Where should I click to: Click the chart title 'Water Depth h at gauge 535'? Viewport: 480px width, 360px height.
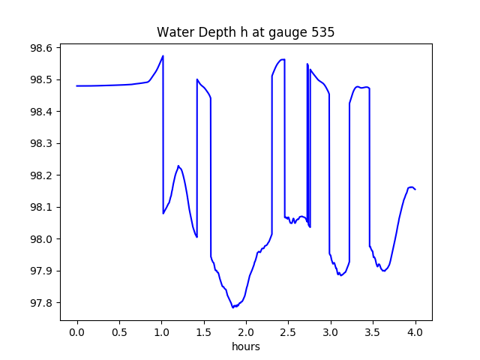245,32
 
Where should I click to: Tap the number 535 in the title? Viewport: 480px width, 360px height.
323,32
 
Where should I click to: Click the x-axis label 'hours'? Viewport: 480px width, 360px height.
246,347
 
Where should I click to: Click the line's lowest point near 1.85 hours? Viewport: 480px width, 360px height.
233,307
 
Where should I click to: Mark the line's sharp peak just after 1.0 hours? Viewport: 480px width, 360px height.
163,55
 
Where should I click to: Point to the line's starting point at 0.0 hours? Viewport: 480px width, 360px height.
77,85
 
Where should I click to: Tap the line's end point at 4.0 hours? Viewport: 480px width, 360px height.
415,189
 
